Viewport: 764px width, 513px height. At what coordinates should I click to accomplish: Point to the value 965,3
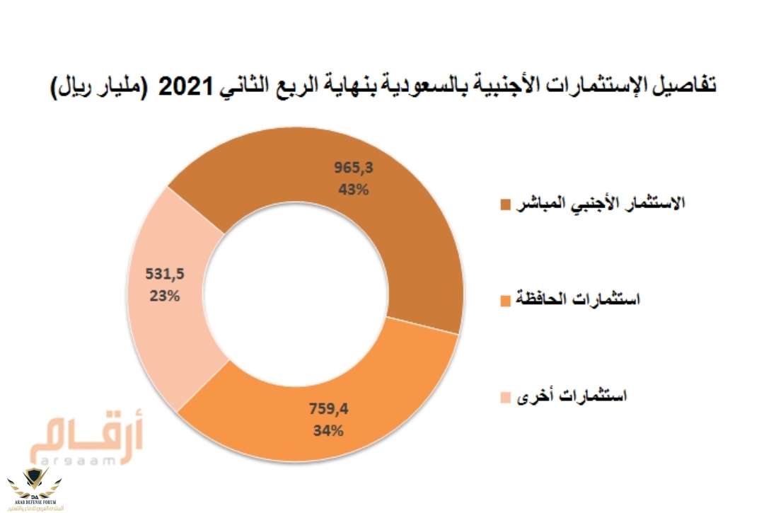coord(352,168)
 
